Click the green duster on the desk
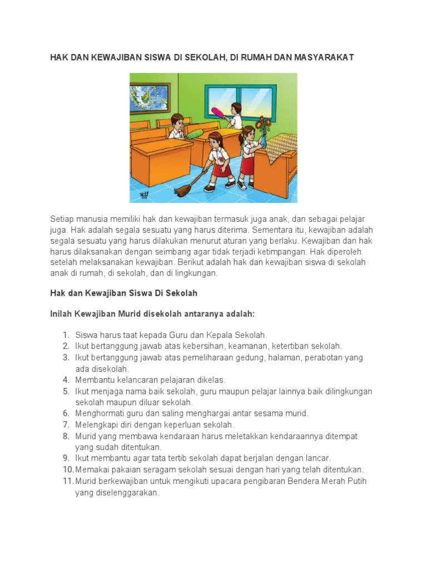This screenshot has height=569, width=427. click(194, 133)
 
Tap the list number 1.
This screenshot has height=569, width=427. click(66, 335)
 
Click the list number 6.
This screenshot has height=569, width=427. click(66, 413)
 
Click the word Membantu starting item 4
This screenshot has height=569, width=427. click(95, 380)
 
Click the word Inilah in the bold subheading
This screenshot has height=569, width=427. click(61, 314)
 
